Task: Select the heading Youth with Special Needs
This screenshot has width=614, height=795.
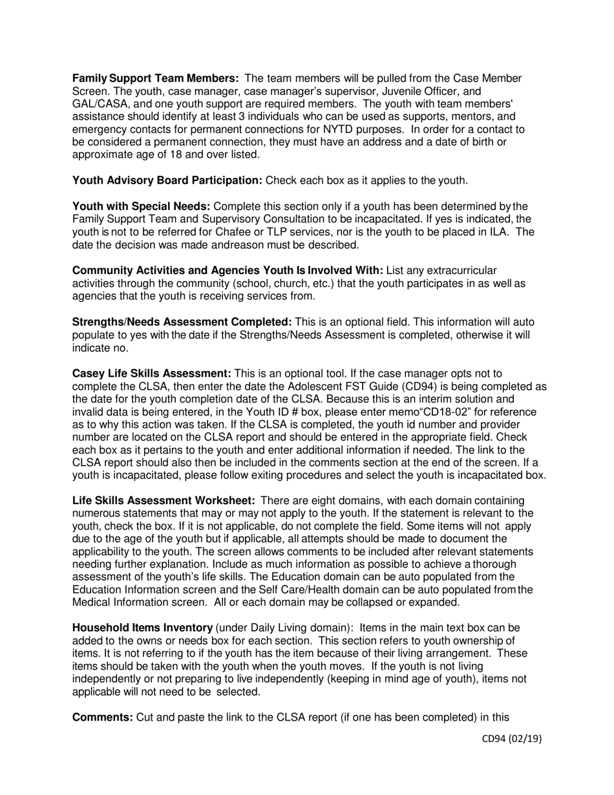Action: coord(141,207)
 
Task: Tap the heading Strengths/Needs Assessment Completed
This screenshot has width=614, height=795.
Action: coord(182,322)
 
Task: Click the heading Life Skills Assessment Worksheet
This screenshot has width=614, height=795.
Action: coord(164,501)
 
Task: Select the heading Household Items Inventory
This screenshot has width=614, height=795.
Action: coord(142,628)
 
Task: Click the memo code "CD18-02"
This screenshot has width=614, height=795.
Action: coord(365,412)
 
